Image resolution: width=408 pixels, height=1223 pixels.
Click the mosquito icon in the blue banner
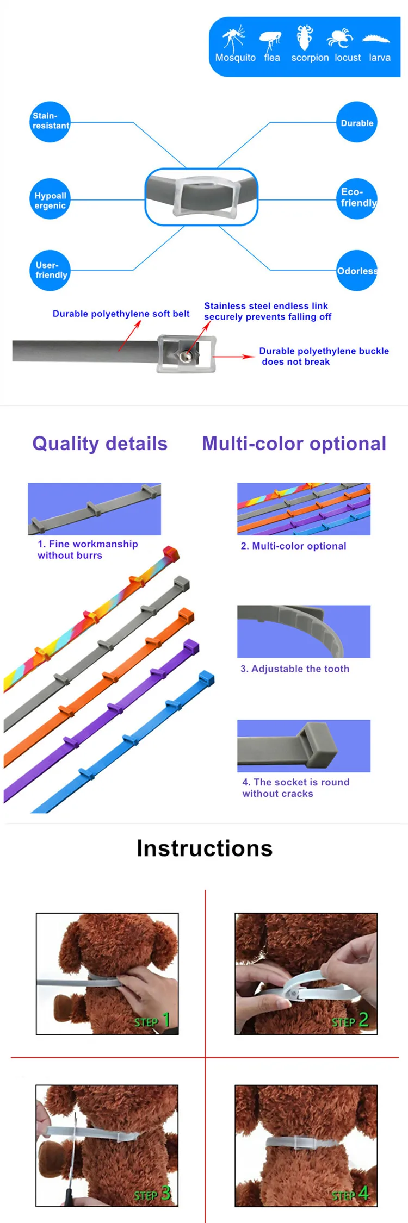(234, 38)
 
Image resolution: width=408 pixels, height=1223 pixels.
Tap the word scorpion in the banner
(310, 58)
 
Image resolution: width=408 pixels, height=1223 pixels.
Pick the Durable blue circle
(357, 122)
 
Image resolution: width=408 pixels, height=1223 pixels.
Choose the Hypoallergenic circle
(50, 199)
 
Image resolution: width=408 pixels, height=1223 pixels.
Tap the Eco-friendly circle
(357, 198)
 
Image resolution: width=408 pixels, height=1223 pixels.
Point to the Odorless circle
(357, 271)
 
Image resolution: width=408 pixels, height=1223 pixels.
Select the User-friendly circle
(50, 270)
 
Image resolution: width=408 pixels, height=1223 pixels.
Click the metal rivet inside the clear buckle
(187, 355)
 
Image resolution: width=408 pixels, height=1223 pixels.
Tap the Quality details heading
(100, 444)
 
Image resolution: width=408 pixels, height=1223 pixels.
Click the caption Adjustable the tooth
(295, 669)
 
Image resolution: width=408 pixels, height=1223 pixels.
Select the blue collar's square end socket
(206, 678)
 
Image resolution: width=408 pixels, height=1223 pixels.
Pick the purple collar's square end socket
(191, 647)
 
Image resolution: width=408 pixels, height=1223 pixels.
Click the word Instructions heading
(205, 848)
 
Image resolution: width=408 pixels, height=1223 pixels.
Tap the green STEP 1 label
(152, 1021)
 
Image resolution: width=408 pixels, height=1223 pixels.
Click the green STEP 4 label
(350, 1194)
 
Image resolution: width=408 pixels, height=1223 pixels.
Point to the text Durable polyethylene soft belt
(121, 314)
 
